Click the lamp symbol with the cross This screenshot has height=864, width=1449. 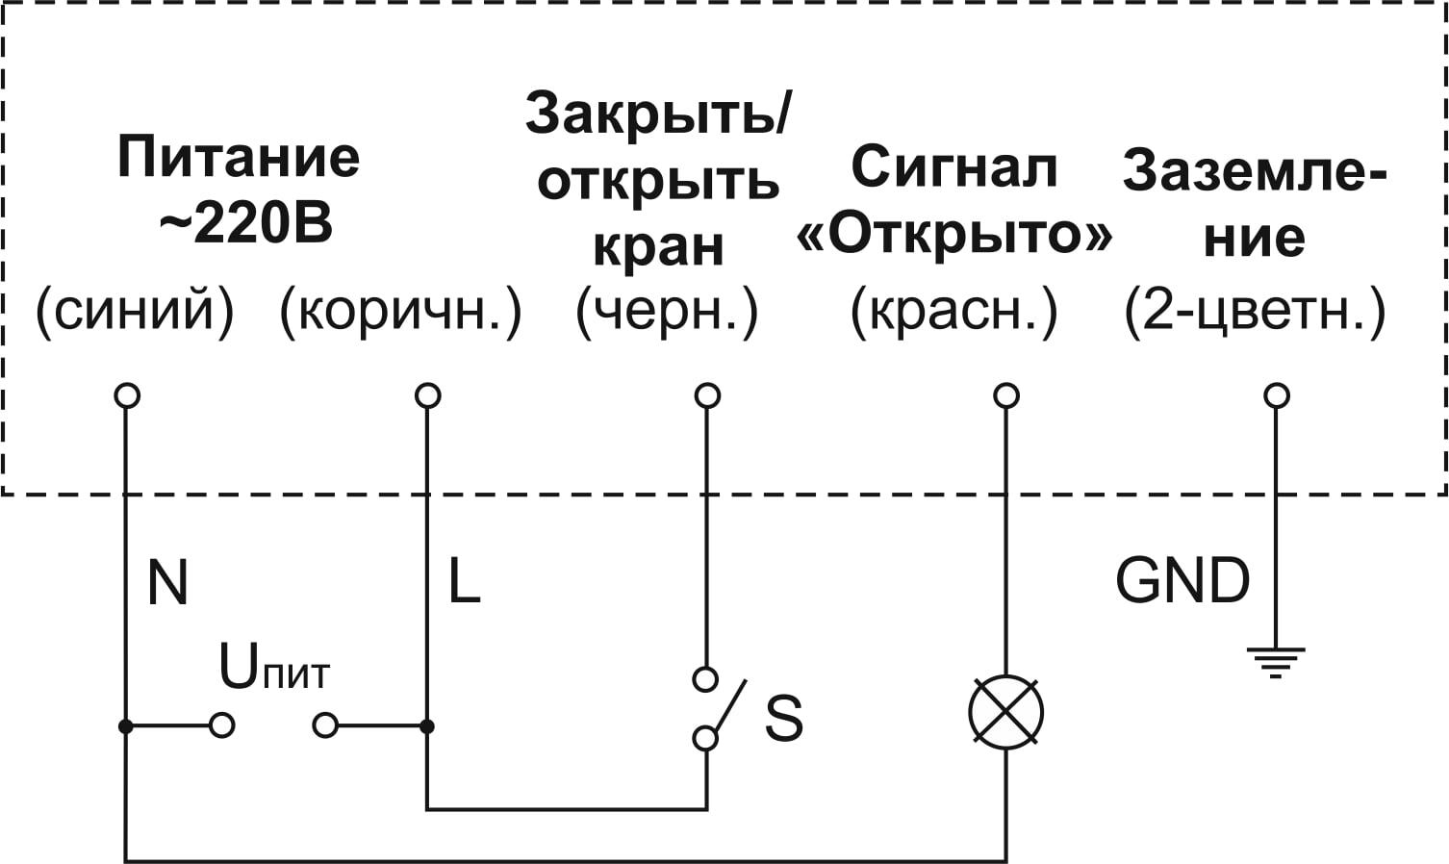point(1005,713)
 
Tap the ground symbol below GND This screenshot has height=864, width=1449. point(1276,661)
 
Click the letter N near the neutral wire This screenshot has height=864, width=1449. point(167,581)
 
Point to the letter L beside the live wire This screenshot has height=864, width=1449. point(464,581)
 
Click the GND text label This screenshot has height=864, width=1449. point(1182,580)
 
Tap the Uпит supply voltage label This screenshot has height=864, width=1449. point(273,668)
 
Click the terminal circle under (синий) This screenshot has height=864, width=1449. point(127,395)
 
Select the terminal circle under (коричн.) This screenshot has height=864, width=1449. point(427,395)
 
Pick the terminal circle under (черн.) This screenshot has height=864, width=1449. point(707,395)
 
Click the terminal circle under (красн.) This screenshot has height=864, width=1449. point(1006,395)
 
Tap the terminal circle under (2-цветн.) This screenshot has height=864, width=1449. point(1277,395)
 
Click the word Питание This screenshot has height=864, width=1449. point(239,157)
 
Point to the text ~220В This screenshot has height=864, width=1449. point(244,224)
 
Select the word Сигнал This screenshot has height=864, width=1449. point(953,166)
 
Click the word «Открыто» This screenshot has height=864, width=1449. point(953,234)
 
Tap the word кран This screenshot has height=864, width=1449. point(658,245)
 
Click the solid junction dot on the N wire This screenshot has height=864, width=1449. point(126,725)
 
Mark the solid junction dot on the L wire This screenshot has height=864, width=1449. point(427,725)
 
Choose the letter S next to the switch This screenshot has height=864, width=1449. point(783,717)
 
